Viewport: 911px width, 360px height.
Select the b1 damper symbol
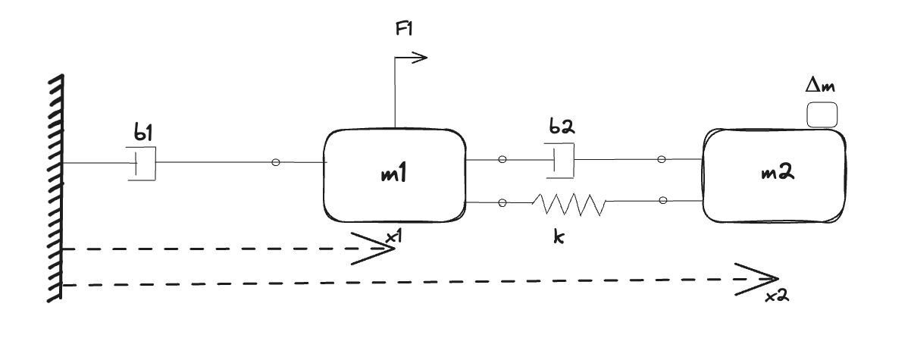(x=142, y=164)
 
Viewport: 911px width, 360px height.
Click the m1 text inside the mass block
(x=393, y=175)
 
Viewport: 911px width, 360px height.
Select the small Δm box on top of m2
(x=822, y=115)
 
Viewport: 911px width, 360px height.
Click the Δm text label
(x=821, y=87)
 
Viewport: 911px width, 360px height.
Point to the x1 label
(x=393, y=237)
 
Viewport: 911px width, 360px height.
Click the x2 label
(x=778, y=297)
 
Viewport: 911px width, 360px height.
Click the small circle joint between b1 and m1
(x=276, y=163)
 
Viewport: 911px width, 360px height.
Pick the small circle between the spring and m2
(x=663, y=201)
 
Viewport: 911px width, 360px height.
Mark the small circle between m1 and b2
(x=502, y=160)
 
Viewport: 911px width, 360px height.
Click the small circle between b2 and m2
(x=662, y=159)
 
